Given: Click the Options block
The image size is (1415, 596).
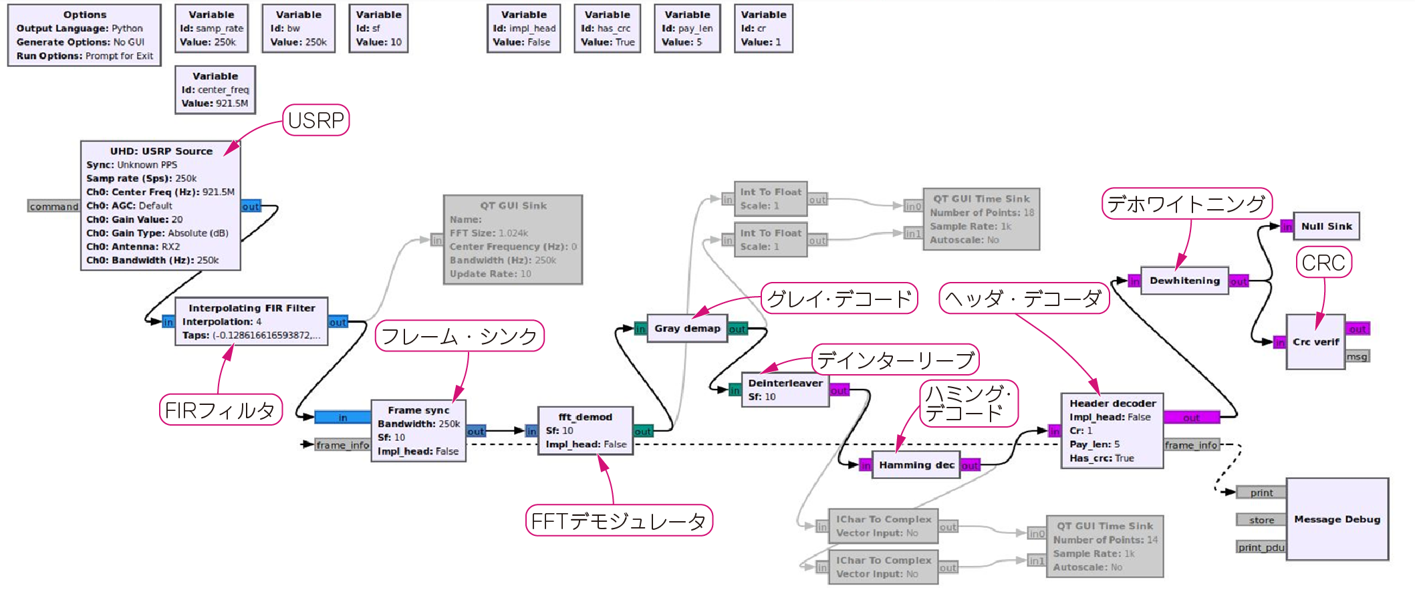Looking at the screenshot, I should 84,35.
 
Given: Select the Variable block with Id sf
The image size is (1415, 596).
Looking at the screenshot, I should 378,29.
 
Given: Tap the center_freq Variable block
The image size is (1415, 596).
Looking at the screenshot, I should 215,90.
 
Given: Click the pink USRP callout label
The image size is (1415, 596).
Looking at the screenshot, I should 316,120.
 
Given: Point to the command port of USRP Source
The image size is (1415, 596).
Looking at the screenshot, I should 53,206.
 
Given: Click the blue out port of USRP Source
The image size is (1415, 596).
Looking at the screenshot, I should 251,206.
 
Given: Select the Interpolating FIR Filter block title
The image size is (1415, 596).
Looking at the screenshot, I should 251,308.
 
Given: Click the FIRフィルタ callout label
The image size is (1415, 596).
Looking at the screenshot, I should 220,410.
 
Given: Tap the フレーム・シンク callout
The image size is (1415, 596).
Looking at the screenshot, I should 459,335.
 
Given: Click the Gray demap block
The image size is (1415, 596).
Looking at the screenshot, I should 687,329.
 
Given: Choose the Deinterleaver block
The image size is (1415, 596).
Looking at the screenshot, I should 785,390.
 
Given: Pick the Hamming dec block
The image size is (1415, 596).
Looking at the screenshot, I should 916,465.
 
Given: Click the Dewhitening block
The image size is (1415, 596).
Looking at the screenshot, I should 1184,281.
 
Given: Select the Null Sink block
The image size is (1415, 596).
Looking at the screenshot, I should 1326,227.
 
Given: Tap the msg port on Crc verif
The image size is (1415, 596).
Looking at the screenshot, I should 1357,357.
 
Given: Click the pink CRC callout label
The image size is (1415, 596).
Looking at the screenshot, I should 1323,263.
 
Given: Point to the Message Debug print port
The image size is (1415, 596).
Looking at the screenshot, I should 1261,493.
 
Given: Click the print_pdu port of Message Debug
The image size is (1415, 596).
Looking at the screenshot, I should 1261,548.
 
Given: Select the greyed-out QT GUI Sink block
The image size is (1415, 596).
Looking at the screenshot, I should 513,240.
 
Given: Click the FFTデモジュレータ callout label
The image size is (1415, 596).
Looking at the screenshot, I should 619,520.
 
